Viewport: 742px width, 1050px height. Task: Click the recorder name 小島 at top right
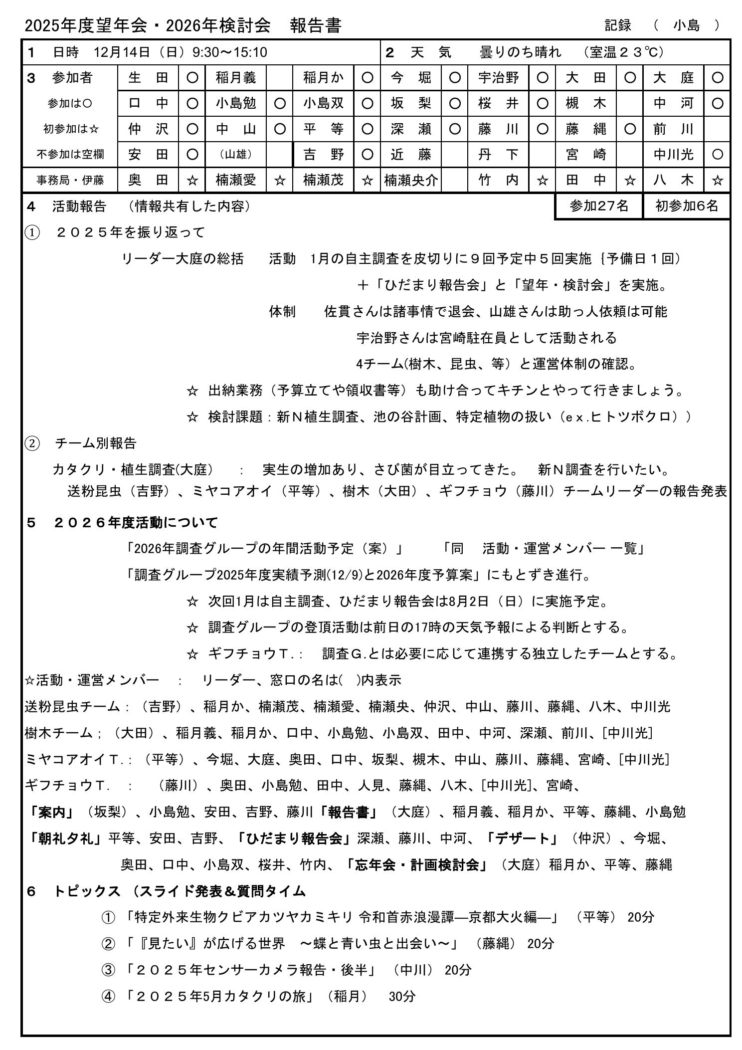click(x=686, y=25)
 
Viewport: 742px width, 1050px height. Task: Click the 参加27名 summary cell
click(x=598, y=206)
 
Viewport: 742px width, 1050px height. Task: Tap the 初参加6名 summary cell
click(x=686, y=206)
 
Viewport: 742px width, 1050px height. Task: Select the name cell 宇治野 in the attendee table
click(x=498, y=78)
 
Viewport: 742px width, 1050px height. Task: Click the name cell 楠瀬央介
click(x=411, y=180)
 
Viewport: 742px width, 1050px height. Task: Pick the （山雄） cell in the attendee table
click(x=236, y=155)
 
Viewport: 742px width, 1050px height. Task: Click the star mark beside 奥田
click(x=192, y=181)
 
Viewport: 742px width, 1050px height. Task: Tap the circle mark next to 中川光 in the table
click(x=717, y=155)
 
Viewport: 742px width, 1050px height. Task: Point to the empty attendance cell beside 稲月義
click(x=279, y=78)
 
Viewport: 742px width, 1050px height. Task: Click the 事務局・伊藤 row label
click(x=70, y=180)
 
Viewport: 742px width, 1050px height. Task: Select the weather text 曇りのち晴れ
click(x=520, y=52)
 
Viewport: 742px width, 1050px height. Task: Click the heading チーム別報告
click(x=95, y=443)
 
